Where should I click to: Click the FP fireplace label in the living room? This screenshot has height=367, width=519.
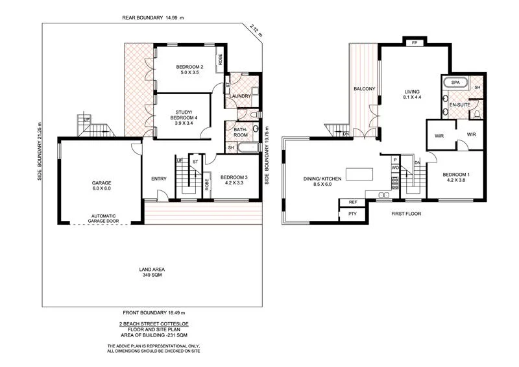(x=414, y=42)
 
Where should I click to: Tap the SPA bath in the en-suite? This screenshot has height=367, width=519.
(x=455, y=84)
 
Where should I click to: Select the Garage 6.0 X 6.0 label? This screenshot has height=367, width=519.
(x=101, y=187)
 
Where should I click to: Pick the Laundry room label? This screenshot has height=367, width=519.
(x=241, y=96)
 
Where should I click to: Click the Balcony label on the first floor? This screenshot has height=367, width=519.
(x=364, y=89)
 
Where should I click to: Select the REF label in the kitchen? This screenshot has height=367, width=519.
(x=353, y=203)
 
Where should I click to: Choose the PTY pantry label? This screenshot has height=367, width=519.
(x=352, y=214)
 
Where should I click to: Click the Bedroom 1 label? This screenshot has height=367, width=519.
(x=456, y=177)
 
